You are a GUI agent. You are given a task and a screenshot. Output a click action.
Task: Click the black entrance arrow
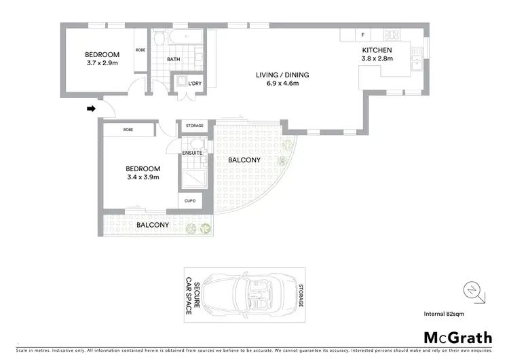(x=92, y=108)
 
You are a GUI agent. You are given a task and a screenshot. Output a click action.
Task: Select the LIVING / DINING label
(x=277, y=75)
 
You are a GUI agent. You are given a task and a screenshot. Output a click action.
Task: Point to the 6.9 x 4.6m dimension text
(x=277, y=84)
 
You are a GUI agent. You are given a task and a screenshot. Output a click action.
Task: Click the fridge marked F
(x=363, y=35)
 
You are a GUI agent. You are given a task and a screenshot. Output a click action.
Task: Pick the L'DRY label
(x=195, y=84)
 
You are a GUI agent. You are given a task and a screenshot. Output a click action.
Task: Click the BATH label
(x=174, y=59)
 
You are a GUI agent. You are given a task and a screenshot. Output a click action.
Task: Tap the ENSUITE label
(x=192, y=153)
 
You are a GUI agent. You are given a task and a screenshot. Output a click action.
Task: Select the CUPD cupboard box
(x=189, y=200)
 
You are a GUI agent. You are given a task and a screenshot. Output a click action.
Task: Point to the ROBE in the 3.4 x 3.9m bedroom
(x=128, y=129)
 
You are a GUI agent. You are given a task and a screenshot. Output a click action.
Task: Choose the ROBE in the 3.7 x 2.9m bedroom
(x=140, y=50)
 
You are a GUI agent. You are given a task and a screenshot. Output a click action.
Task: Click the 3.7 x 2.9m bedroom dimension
(x=102, y=63)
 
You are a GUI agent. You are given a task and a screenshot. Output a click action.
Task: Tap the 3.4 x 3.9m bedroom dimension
(x=143, y=177)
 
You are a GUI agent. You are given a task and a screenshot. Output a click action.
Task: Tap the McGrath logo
(x=457, y=337)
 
